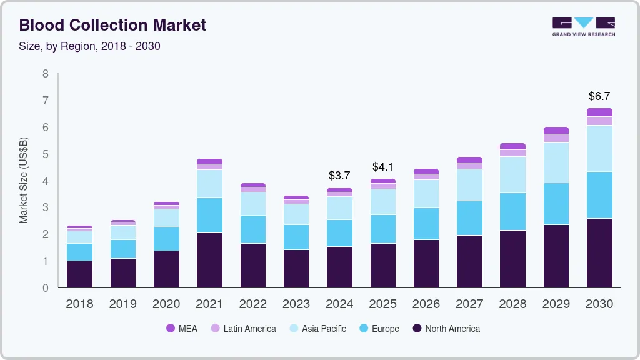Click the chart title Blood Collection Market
pos(112,25)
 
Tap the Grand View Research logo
pos(583,27)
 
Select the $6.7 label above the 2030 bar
pos(599,96)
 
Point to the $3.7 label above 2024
pos(339,176)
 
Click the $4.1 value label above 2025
pos(382,167)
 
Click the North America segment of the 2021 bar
pos(209,260)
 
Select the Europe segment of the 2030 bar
pos(599,195)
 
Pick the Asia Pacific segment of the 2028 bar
pos(512,175)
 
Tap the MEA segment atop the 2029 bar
pos(556,130)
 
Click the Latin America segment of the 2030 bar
pos(599,121)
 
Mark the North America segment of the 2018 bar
pos(79,274)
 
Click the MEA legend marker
pos(171,329)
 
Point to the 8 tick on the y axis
pos(45,74)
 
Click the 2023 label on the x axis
pos(296,304)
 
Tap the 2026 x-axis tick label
pos(426,304)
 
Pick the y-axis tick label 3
pos(45,207)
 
